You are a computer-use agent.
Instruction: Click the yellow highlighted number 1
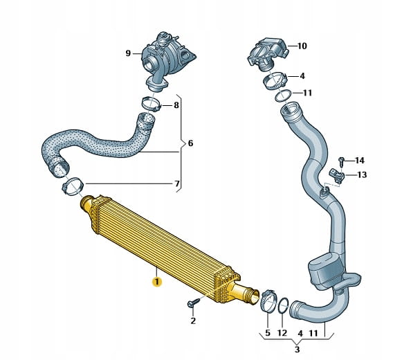click(157, 282)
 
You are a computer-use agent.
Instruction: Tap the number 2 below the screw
click(193, 321)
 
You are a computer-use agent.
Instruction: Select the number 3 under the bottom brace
click(297, 349)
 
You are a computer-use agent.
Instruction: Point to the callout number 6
click(190, 143)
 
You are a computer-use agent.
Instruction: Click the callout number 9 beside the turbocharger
click(128, 53)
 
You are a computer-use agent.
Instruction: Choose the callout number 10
click(302, 46)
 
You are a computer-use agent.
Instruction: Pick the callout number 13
click(362, 174)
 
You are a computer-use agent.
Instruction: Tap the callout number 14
click(360, 161)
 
